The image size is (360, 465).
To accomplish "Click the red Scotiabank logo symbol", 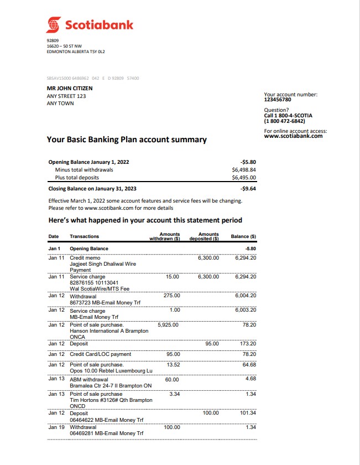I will pyautogui.click(x=54, y=25).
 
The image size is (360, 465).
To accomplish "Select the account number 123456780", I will pyautogui.click(x=278, y=100).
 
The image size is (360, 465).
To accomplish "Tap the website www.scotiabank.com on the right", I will pyautogui.click(x=293, y=136).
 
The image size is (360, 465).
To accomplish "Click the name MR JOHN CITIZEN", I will pyautogui.click(x=70, y=88).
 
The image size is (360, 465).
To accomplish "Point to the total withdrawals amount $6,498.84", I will pyautogui.click(x=244, y=170).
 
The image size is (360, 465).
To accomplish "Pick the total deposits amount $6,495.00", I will pyautogui.click(x=244, y=178).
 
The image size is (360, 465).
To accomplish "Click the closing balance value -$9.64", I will pyautogui.click(x=248, y=188).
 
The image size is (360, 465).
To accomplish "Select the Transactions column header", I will pyautogui.click(x=85, y=236).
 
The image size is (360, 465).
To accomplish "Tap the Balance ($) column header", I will pyautogui.click(x=243, y=236).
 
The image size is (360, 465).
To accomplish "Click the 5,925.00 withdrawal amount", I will pyautogui.click(x=168, y=324).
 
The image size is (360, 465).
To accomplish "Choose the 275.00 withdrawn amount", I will pyautogui.click(x=172, y=296).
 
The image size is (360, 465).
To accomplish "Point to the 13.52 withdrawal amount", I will pyautogui.click(x=173, y=365).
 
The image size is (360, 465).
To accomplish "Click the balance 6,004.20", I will pyautogui.click(x=245, y=296).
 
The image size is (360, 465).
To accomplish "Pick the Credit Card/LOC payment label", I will pyautogui.click(x=101, y=354).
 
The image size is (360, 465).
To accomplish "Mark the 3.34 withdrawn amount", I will pyautogui.click(x=174, y=394).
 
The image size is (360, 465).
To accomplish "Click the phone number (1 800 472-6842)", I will pyautogui.click(x=284, y=121).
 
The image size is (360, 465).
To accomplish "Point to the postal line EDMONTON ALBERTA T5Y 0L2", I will pyautogui.click(x=76, y=51).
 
